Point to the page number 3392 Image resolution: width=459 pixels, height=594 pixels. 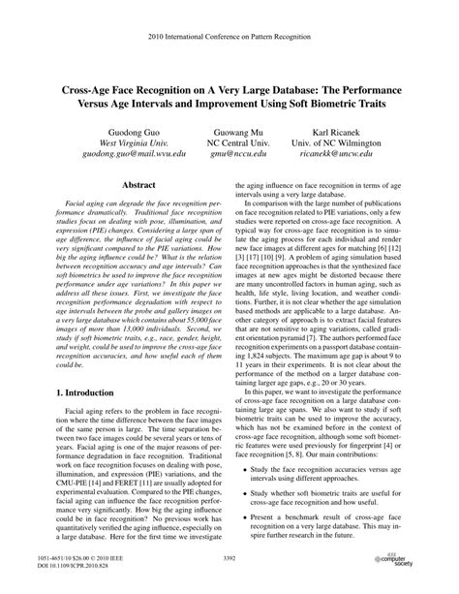(x=229, y=558)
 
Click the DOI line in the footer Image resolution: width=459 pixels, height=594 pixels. (x=72, y=565)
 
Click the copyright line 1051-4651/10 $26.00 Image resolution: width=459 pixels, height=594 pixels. (x=74, y=557)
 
